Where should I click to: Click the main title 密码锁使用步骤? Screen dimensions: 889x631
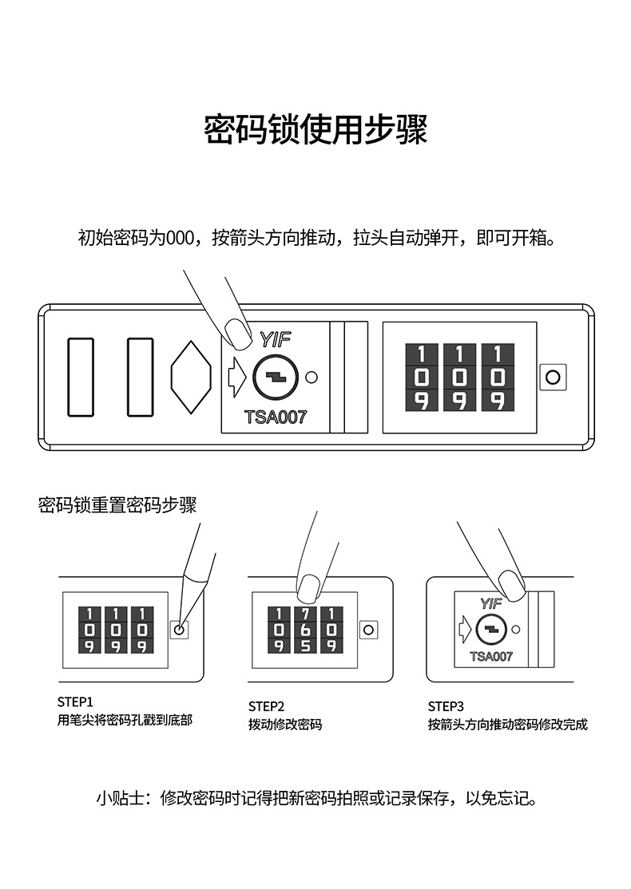coord(315,130)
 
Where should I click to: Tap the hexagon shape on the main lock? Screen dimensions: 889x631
coord(191,377)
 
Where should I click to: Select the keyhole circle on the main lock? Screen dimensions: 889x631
coord(275,377)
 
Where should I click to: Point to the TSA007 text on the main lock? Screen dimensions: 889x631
coord(276,417)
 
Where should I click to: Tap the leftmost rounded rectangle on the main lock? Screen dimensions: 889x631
coord(81,377)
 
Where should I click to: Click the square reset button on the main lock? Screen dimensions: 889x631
coord(552,377)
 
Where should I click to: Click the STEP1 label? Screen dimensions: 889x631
coord(75,702)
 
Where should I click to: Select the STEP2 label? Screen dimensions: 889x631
coord(266,706)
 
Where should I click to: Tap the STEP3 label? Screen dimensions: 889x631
coord(446,706)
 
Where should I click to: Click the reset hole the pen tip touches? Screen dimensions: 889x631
coord(179,630)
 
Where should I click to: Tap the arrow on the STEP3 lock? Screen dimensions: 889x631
coord(466,630)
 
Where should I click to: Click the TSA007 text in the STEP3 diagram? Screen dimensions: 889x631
coord(491,657)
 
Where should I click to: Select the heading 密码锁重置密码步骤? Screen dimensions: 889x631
coord(117,505)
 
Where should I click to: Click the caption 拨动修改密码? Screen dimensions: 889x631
coord(285,725)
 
